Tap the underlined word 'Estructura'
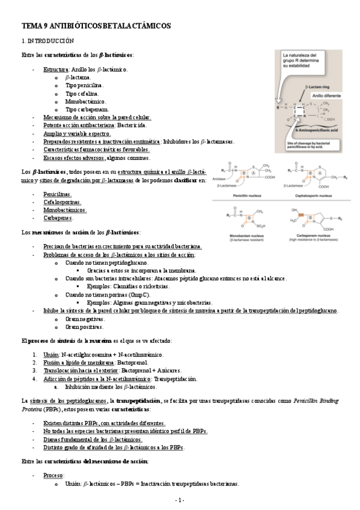(x=55, y=70)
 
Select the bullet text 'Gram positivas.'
(x=84, y=327)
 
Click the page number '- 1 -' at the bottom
(x=180, y=500)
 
